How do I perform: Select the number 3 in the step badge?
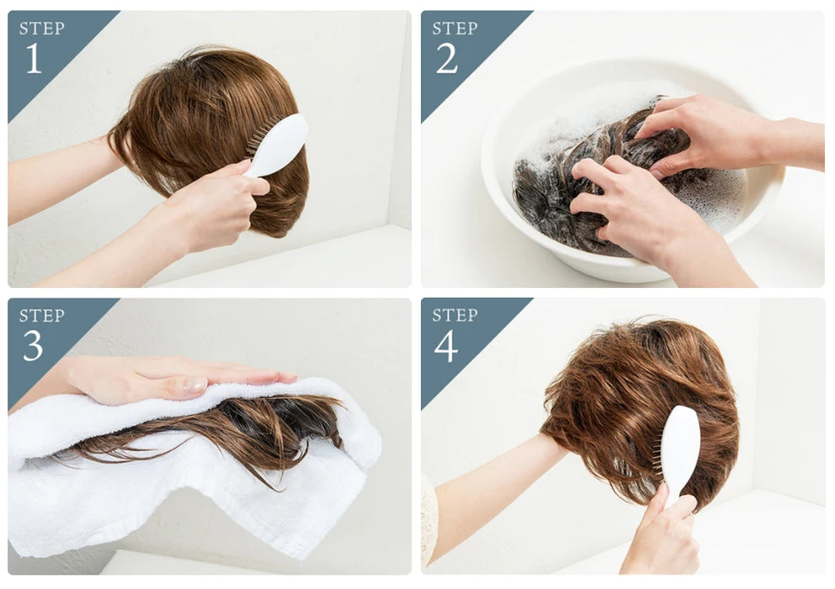(x=33, y=346)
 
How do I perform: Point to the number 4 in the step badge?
(x=446, y=346)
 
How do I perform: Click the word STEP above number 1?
(x=41, y=29)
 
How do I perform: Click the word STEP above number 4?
(x=455, y=315)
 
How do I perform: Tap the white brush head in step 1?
(x=280, y=144)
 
